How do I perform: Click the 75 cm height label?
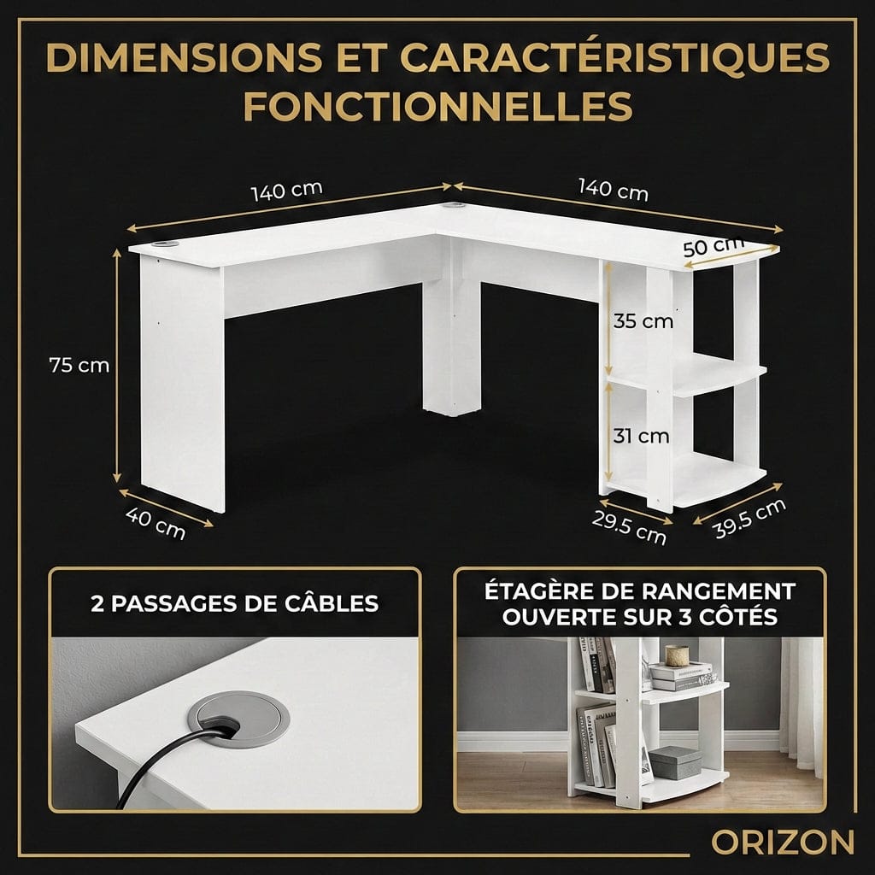pyautogui.click(x=79, y=365)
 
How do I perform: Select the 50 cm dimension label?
pyautogui.click(x=714, y=248)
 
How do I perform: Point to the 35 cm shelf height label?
pyautogui.click(x=643, y=321)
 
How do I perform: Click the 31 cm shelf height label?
pyautogui.click(x=641, y=436)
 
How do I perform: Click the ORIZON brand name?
pyautogui.click(x=782, y=842)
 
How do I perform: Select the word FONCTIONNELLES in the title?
pyautogui.click(x=437, y=107)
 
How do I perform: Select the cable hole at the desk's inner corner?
pyautogui.click(x=452, y=206)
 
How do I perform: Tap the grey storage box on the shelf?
pyautogui.click(x=675, y=761)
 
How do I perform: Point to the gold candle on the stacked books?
pyautogui.click(x=678, y=655)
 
